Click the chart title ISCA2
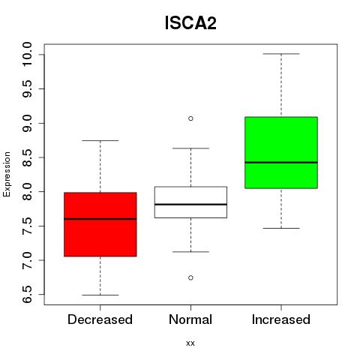(190, 23)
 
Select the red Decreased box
(100, 224)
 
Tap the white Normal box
(190, 202)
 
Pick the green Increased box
(281, 152)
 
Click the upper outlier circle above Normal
(190, 118)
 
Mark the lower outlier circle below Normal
(190, 277)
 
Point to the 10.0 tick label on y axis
(27, 54)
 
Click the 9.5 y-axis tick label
(27, 88)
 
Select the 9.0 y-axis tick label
(27, 123)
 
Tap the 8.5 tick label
(27, 157)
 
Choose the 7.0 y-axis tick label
(27, 260)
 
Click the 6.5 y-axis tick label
(27, 295)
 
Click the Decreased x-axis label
(100, 319)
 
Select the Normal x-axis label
(190, 319)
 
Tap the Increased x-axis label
(281, 319)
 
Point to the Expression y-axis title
(7, 174)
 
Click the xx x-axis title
(190, 343)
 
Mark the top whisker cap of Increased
(281, 54)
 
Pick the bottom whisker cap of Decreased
(100, 295)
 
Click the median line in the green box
(281, 163)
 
